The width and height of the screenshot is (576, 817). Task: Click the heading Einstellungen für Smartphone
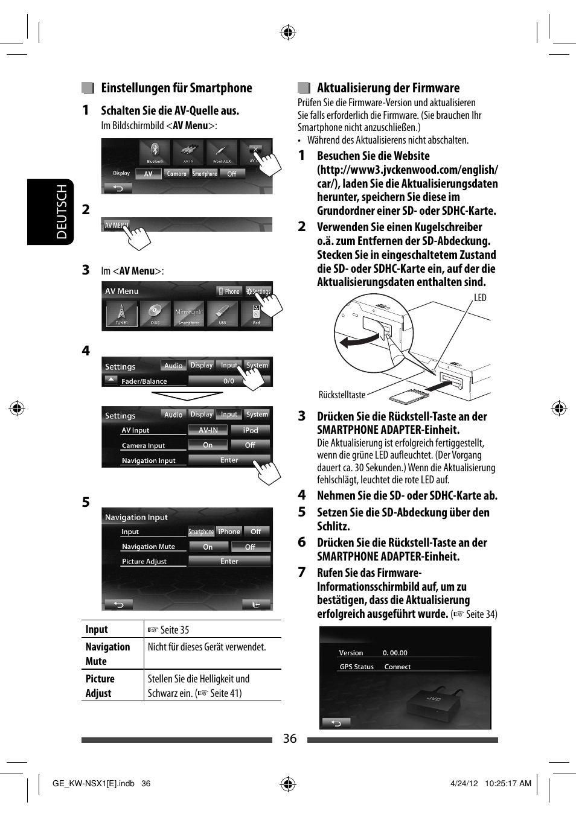pos(176,88)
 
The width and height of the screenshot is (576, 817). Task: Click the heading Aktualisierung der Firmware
pos(388,88)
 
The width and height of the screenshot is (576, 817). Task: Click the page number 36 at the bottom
pos(290,739)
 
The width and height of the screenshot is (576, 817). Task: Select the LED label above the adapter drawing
pos(480,297)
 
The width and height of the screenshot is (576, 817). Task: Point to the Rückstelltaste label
pos(342,395)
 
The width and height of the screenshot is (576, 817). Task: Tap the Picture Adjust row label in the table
pos(100,685)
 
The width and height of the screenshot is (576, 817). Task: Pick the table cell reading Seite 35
pos(174,629)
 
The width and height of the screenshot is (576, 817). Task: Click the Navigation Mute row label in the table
pos(107,653)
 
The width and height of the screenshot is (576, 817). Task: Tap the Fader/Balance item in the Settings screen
pos(144,381)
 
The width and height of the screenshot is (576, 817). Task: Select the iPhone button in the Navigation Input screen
pos(229,532)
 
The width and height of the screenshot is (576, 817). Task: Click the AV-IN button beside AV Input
pos(208,430)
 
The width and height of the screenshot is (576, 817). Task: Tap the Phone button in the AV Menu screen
pos(229,291)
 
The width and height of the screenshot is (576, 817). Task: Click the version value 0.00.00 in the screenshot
pos(395,653)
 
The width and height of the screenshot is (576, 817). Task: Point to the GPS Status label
pos(356,667)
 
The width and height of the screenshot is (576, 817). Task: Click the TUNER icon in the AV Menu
pos(121,314)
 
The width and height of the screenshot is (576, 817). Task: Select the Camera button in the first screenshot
pos(176,174)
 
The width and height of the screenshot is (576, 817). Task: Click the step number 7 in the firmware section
pos(302,572)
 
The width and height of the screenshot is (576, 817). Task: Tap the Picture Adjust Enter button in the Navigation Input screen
pos(229,561)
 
